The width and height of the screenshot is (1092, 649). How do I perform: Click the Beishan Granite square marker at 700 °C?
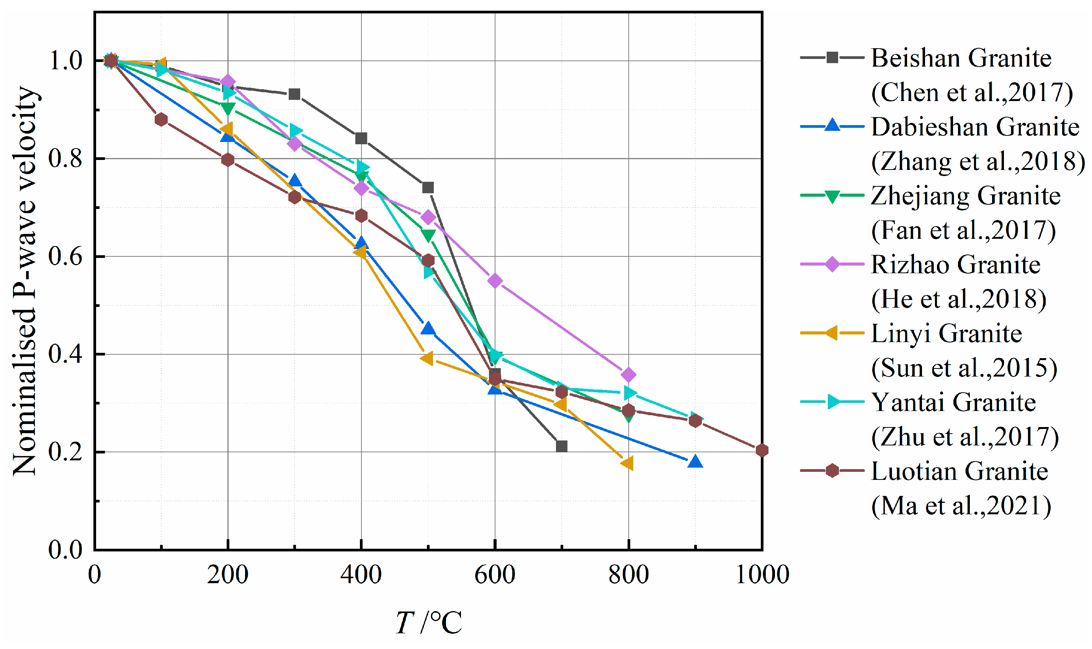point(561,446)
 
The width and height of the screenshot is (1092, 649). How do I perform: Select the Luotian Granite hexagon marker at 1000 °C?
point(762,450)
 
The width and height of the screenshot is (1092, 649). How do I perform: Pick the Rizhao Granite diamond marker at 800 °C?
point(628,375)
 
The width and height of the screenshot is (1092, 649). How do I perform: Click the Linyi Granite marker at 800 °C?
point(628,463)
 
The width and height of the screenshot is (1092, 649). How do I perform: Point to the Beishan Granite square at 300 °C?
point(294,94)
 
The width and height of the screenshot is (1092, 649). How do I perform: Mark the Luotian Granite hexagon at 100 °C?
point(161,119)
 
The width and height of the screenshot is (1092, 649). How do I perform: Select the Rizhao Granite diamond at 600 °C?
point(495,281)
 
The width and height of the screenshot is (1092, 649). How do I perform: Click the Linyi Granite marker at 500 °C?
point(427,358)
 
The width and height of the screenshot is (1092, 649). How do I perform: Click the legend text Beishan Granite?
point(961,58)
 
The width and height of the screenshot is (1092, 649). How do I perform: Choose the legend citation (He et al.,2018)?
point(958,300)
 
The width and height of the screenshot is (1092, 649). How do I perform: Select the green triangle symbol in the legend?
point(832,196)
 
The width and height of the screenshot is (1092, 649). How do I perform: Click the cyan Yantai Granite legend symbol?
point(832,402)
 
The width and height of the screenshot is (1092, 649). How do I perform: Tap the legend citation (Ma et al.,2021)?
point(961,506)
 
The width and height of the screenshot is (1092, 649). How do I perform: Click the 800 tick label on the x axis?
point(628,574)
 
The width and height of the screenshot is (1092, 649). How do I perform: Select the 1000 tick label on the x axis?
point(762,574)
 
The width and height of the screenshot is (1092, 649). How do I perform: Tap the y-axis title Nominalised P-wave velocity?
point(25,281)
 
